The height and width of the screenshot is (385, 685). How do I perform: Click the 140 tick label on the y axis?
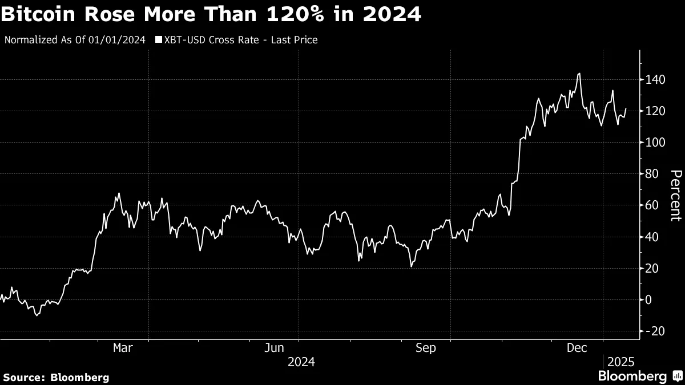(655, 80)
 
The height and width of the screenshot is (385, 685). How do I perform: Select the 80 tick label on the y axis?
(652, 174)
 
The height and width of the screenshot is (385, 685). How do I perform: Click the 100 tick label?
(655, 143)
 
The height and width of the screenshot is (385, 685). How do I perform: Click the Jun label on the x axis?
(275, 347)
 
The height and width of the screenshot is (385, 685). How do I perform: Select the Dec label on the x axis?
(577, 347)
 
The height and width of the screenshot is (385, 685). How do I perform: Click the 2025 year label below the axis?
(620, 362)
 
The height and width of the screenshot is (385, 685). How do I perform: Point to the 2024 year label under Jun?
(301, 362)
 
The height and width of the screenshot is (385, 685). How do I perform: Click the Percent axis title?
(675, 195)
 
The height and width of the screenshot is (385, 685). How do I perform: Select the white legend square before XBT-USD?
(158, 40)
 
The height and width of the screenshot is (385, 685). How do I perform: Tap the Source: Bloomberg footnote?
(55, 377)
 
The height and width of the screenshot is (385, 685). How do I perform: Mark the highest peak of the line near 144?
(579, 73)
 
